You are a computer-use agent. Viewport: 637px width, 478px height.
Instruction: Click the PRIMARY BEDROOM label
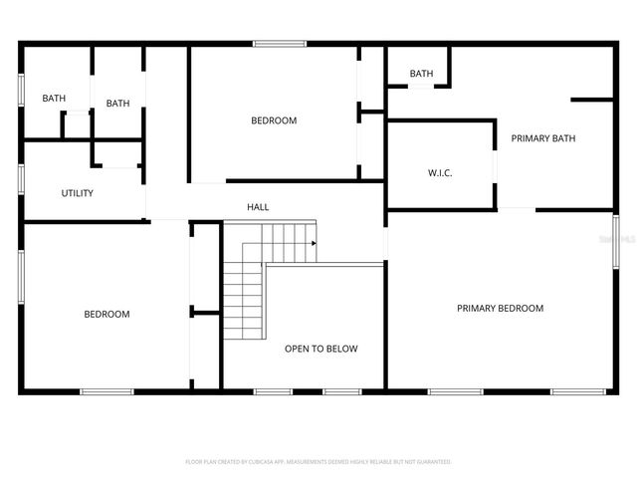pyautogui.click(x=500, y=309)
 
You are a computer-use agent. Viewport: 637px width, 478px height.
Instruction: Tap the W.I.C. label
pyautogui.click(x=440, y=173)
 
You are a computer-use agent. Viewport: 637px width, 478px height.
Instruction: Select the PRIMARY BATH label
pyautogui.click(x=543, y=138)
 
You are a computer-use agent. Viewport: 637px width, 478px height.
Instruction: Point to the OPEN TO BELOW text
pyautogui.click(x=320, y=350)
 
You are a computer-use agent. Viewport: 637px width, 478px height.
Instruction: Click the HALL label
pyautogui.click(x=258, y=207)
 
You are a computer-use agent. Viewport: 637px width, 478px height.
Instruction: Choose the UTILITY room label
pyautogui.click(x=77, y=193)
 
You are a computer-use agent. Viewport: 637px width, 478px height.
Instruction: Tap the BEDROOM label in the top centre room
pyautogui.click(x=274, y=121)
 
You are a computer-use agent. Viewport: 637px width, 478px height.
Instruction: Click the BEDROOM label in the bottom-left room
pyautogui.click(x=106, y=315)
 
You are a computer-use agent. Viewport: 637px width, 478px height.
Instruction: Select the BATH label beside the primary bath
pyautogui.click(x=421, y=74)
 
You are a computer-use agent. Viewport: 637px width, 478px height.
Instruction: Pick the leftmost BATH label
pyautogui.click(x=54, y=99)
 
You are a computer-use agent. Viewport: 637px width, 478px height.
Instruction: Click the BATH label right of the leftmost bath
pyautogui.click(x=117, y=104)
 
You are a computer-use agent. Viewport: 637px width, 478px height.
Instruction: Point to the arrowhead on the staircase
pyautogui.click(x=314, y=243)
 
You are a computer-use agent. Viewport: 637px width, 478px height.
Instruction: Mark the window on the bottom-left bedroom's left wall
pyautogui.click(x=21, y=277)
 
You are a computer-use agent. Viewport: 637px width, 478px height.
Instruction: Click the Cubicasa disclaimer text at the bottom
pyautogui.click(x=318, y=462)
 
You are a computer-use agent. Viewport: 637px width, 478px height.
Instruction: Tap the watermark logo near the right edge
pyautogui.click(x=624, y=240)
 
